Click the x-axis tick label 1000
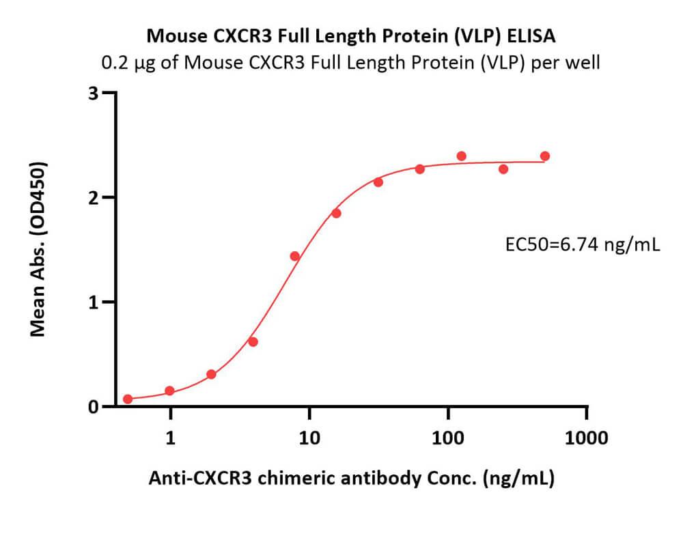point(586,438)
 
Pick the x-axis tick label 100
point(448,438)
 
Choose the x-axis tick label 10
point(309,438)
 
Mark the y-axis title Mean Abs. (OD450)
point(39,249)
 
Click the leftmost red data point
point(128,399)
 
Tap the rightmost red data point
point(544,156)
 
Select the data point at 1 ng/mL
point(169,391)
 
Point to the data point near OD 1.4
point(295,256)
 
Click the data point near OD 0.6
point(253,341)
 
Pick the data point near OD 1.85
point(336,213)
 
